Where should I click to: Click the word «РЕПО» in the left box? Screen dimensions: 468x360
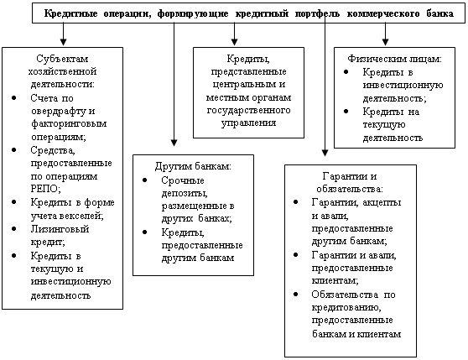point(45,189)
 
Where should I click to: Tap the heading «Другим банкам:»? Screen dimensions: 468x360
point(193,166)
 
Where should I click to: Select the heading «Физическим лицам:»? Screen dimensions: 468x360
point(394,59)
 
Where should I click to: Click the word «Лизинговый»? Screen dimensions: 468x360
point(60,229)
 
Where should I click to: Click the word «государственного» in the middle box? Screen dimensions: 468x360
point(248,110)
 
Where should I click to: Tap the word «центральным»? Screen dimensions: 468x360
point(244,85)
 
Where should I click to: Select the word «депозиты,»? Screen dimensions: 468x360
point(185,194)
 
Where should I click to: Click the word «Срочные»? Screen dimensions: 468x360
point(183,180)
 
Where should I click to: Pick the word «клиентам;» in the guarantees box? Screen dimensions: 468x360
point(335,280)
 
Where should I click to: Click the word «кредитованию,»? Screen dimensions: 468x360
point(346,307)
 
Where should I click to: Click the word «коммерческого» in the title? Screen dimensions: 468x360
point(383,13)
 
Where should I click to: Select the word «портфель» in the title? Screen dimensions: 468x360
point(317,13)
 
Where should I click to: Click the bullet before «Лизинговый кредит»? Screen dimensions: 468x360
point(14,228)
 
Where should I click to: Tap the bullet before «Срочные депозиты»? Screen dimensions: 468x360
point(145,180)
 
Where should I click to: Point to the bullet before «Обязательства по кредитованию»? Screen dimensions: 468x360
point(295,295)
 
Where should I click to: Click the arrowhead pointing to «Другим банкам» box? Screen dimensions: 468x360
point(174,143)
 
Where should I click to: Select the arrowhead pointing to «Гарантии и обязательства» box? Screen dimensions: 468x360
point(325,153)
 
